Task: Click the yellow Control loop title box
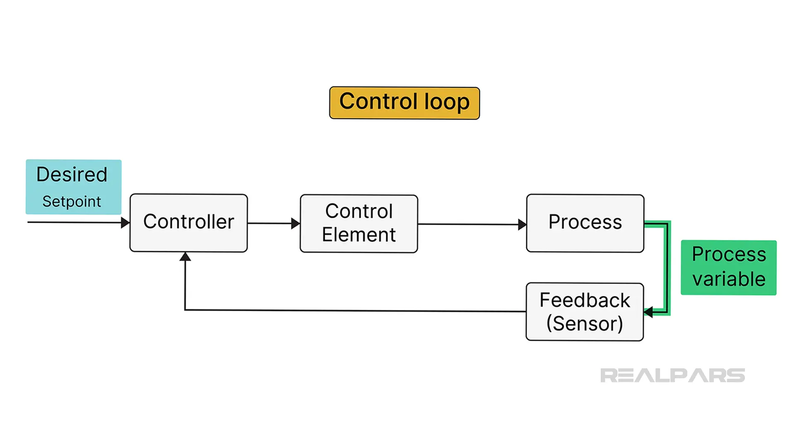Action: tap(405, 103)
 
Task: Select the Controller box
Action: tap(189, 223)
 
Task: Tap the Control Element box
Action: tap(359, 223)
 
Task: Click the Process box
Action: tap(585, 223)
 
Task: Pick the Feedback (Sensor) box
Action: tap(585, 312)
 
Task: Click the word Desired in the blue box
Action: tap(72, 174)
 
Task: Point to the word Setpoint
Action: tap(72, 202)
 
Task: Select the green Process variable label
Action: tap(729, 267)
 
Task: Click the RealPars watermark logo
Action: tap(672, 375)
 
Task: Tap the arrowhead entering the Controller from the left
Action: tap(125, 223)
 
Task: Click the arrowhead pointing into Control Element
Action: tap(296, 223)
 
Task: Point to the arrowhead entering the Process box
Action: tap(522, 224)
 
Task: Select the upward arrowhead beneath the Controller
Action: tap(185, 257)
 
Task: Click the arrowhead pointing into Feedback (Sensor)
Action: tap(648, 312)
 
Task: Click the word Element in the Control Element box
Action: tap(359, 235)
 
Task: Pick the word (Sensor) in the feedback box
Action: tap(585, 323)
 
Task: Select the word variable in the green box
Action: tap(729, 279)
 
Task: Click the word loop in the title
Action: tap(447, 102)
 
